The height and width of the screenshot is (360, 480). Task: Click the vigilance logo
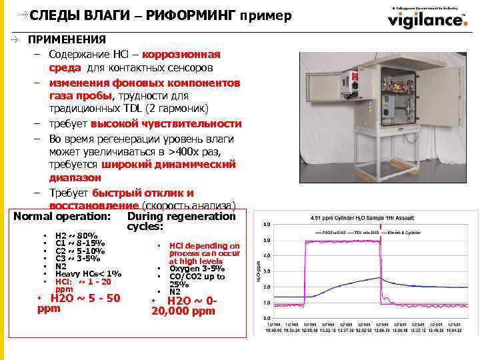[427, 19]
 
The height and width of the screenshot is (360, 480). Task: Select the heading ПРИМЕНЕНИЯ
[66, 40]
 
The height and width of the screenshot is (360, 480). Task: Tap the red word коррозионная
[181, 54]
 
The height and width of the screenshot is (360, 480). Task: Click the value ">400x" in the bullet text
[179, 151]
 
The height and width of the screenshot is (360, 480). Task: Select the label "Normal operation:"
[61, 217]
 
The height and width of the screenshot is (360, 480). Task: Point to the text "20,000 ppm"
[184, 311]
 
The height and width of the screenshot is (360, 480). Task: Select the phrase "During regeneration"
[181, 217]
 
